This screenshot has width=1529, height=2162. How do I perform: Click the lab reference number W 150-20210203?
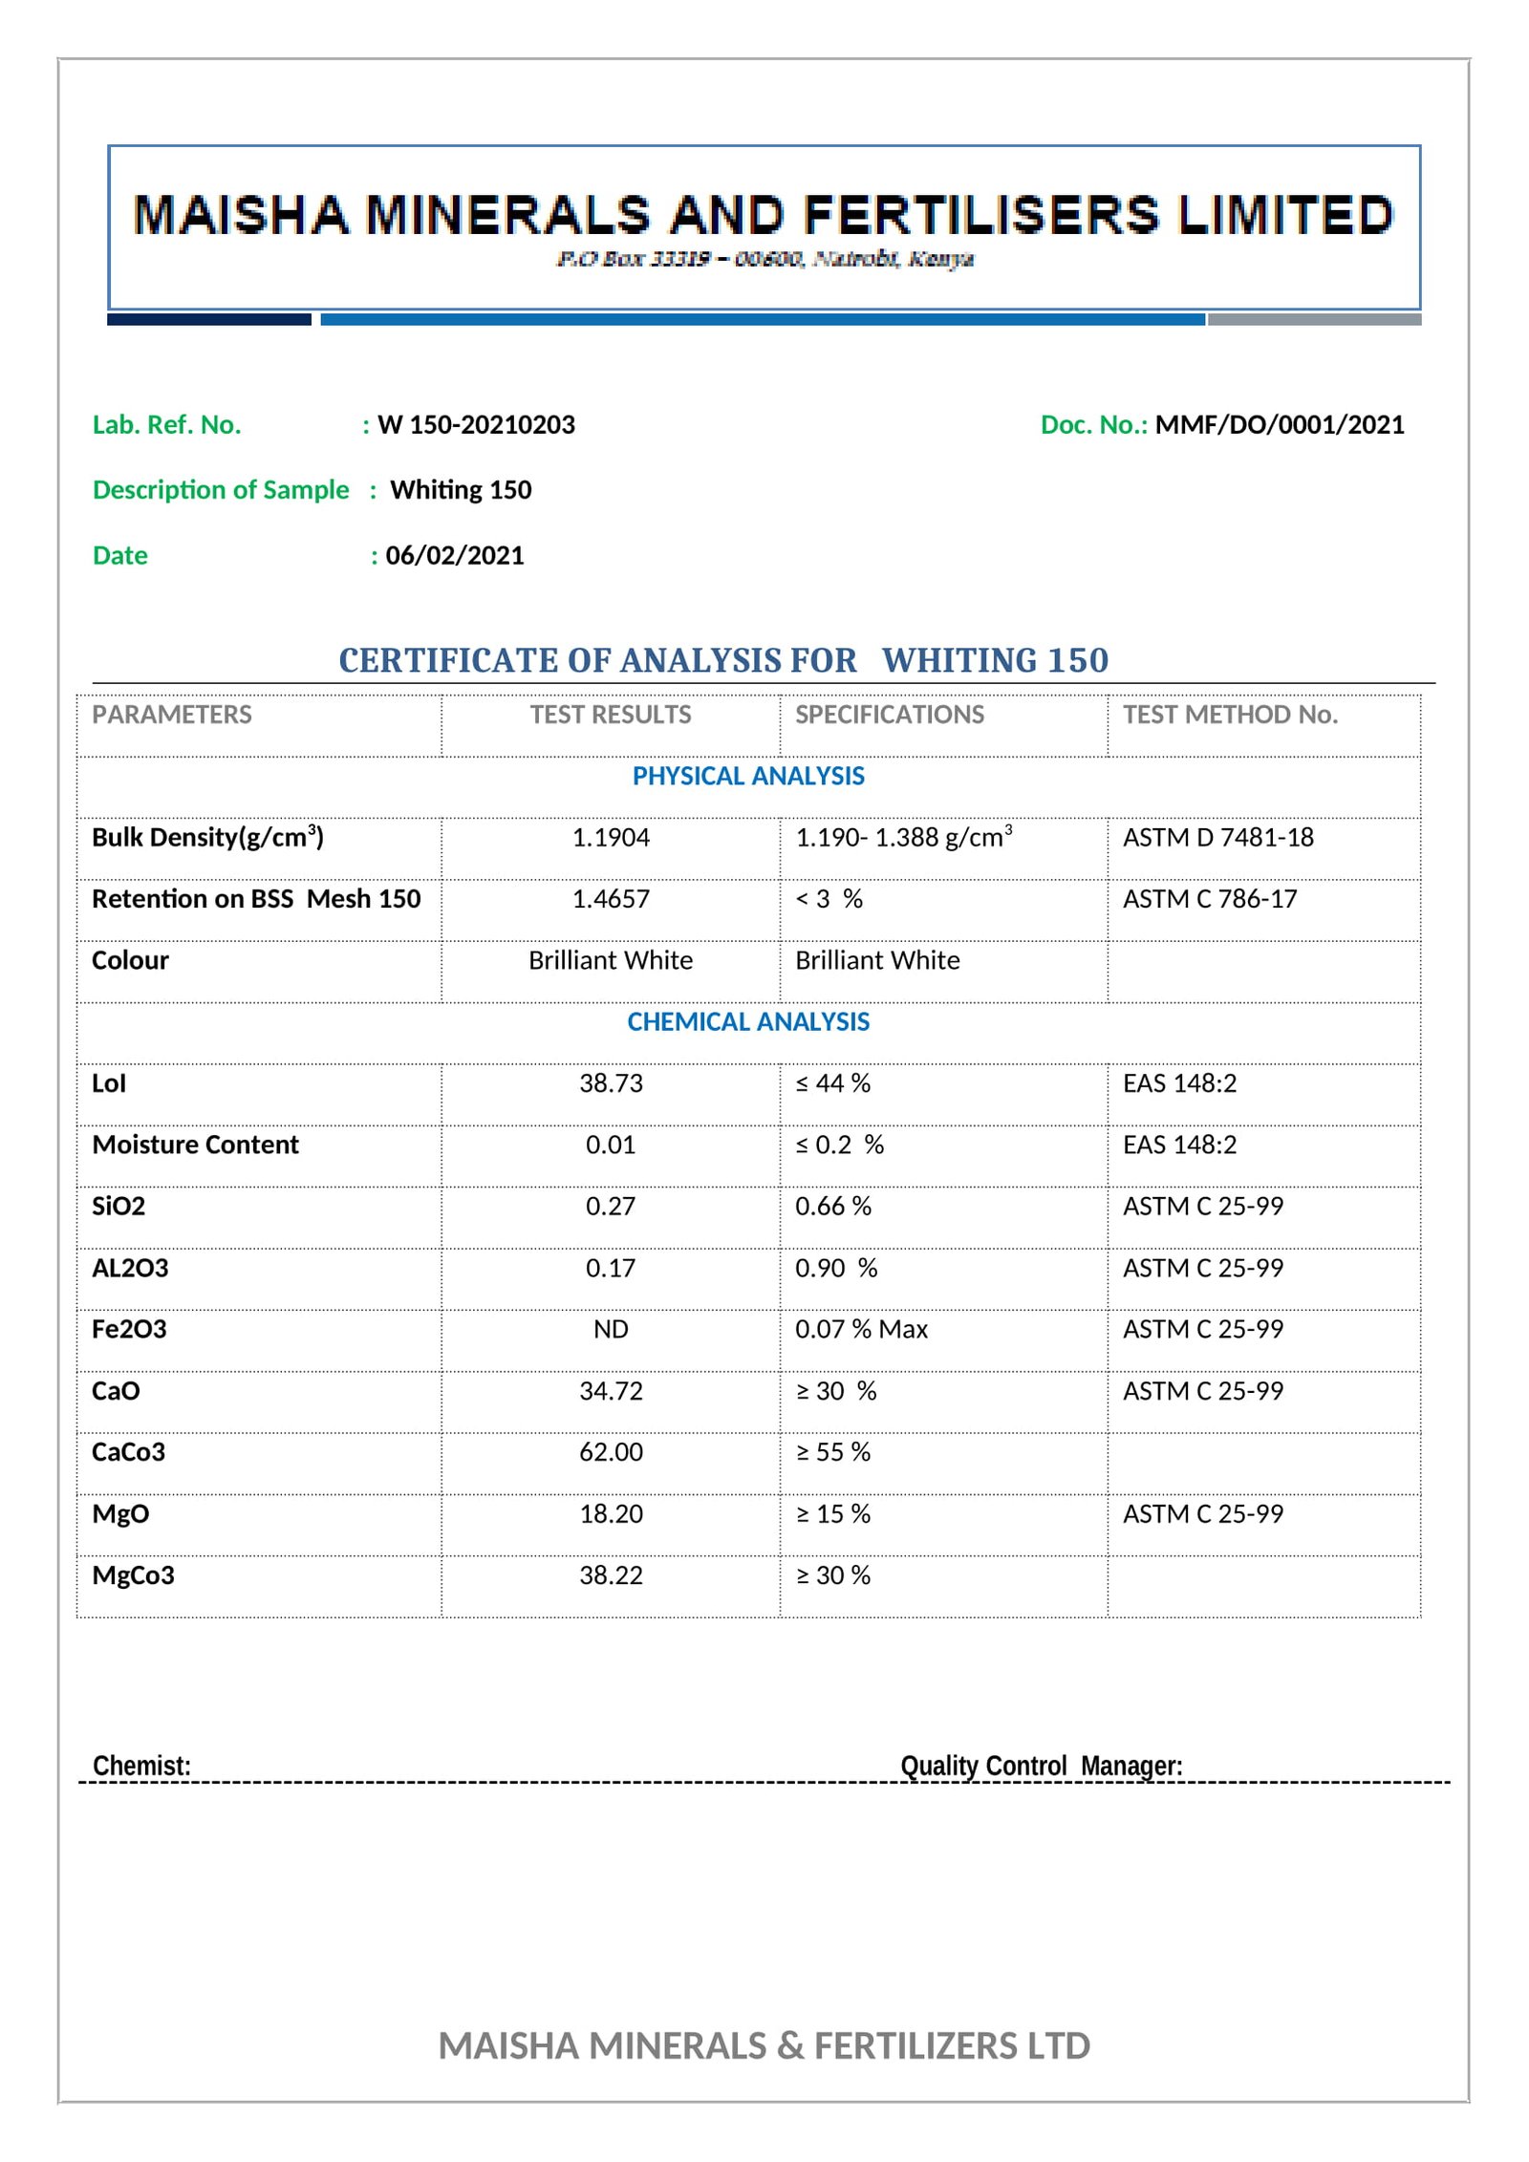tap(476, 424)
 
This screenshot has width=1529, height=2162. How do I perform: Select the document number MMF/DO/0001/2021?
tap(1279, 424)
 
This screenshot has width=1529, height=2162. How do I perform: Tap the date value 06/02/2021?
tap(455, 555)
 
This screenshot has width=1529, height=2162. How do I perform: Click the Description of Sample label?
tap(221, 489)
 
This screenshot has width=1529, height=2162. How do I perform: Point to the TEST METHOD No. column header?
tap(1230, 715)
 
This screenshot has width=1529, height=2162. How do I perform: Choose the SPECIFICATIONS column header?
tap(889, 715)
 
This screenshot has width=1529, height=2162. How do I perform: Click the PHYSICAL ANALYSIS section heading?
tap(748, 776)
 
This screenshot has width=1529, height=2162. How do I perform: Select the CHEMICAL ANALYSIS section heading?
tap(748, 1021)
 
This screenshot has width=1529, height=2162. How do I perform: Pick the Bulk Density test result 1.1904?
tap(611, 838)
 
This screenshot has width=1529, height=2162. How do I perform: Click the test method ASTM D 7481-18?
tap(1217, 838)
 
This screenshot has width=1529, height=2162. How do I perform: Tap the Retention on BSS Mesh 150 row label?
tap(256, 899)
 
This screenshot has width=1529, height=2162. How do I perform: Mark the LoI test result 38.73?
tap(611, 1083)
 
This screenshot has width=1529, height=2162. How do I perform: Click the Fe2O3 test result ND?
tap(611, 1329)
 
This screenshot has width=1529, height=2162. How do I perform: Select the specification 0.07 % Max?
tap(861, 1329)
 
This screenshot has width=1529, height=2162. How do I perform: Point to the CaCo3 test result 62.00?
tap(611, 1452)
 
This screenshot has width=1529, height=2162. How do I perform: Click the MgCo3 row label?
tap(133, 1575)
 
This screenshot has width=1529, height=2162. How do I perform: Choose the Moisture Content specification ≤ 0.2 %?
tap(839, 1145)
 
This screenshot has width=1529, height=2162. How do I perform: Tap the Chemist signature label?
tap(141, 1766)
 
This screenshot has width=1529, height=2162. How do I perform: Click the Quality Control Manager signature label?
tap(1041, 1766)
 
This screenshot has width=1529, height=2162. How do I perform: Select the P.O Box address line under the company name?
tap(764, 259)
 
